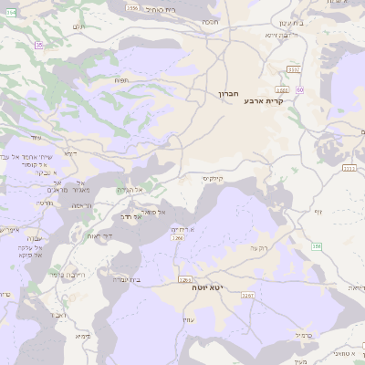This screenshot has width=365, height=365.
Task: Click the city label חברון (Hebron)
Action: coord(227,94)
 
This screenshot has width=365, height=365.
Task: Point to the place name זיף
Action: coord(318,211)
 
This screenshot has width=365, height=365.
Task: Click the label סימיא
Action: coord(83,336)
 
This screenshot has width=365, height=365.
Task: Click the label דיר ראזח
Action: coord(99,235)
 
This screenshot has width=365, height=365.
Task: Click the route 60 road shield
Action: coord(300,89)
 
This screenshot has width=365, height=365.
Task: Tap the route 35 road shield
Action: coord(38,44)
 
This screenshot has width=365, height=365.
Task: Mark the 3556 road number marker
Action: coord(133,8)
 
